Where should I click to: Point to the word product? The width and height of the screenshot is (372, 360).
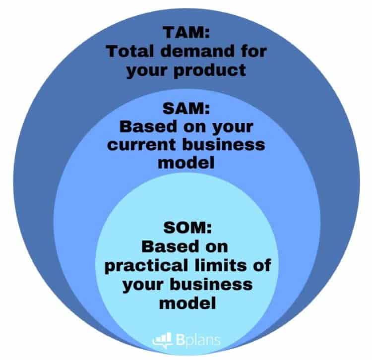tap(210, 70)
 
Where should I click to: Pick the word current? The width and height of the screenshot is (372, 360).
tap(141, 145)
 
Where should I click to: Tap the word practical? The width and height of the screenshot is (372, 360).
tap(146, 265)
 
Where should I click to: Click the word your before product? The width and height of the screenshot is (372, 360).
tap(147, 71)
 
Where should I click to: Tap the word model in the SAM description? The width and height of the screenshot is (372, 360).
tap(186, 163)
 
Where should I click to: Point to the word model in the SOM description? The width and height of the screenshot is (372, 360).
tap(187, 302)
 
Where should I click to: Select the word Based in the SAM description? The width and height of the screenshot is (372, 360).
tap(148, 126)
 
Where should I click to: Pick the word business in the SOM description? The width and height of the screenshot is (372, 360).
tap(211, 284)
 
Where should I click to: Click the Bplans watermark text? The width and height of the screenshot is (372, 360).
tap(198, 340)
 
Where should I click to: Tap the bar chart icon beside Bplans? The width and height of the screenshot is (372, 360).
tap(163, 340)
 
